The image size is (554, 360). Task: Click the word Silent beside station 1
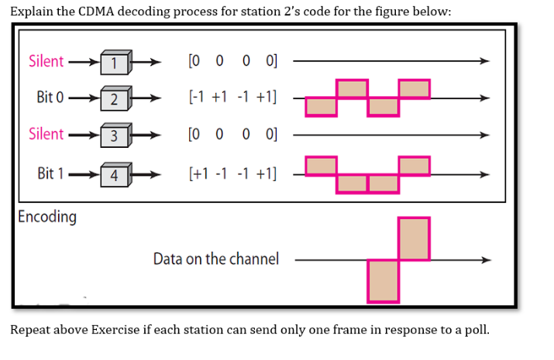click(x=46, y=60)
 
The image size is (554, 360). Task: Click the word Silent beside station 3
click(x=46, y=134)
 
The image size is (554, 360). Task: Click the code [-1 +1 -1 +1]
click(x=232, y=98)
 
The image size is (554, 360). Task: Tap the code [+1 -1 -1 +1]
click(x=232, y=172)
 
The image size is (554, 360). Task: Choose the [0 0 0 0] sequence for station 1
click(x=232, y=61)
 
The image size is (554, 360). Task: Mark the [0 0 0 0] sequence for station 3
click(x=232, y=135)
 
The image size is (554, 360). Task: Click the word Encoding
click(x=47, y=216)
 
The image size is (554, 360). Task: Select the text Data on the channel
click(x=215, y=259)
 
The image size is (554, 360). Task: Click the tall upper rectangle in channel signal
click(x=414, y=239)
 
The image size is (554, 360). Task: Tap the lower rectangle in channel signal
click(x=384, y=280)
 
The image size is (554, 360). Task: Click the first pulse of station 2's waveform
click(x=322, y=107)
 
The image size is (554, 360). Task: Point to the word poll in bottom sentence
click(x=476, y=330)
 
